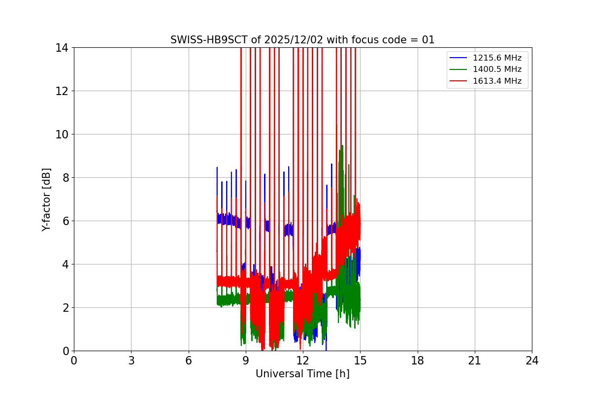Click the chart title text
[302, 40]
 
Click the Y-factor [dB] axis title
[46, 199]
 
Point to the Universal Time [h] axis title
[302, 374]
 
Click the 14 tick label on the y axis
[62, 48]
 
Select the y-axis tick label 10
[62, 134]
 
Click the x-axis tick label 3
[131, 361]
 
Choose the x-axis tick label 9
[246, 361]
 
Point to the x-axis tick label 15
[360, 361]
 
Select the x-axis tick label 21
[475, 361]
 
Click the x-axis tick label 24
[532, 361]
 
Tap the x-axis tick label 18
[418, 361]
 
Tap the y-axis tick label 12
[62, 91]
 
